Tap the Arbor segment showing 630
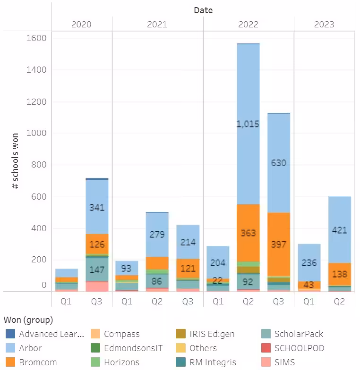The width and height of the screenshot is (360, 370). pyautogui.click(x=278, y=163)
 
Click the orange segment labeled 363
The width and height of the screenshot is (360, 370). pyautogui.click(x=248, y=233)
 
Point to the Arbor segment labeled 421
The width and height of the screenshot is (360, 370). pyautogui.click(x=339, y=230)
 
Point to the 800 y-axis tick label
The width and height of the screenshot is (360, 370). pyautogui.click(x=38, y=165)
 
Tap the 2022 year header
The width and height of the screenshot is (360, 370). pyautogui.click(x=248, y=24)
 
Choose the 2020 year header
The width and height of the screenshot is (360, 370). pyautogui.click(x=81, y=24)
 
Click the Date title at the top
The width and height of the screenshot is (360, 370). pyautogui.click(x=203, y=9)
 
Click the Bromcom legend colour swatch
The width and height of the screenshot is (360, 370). pyautogui.click(x=10, y=362)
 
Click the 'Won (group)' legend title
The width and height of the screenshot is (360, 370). pyautogui.click(x=28, y=320)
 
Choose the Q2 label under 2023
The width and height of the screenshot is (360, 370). pyautogui.click(x=339, y=301)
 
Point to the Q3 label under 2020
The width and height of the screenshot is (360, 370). pyautogui.click(x=97, y=301)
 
